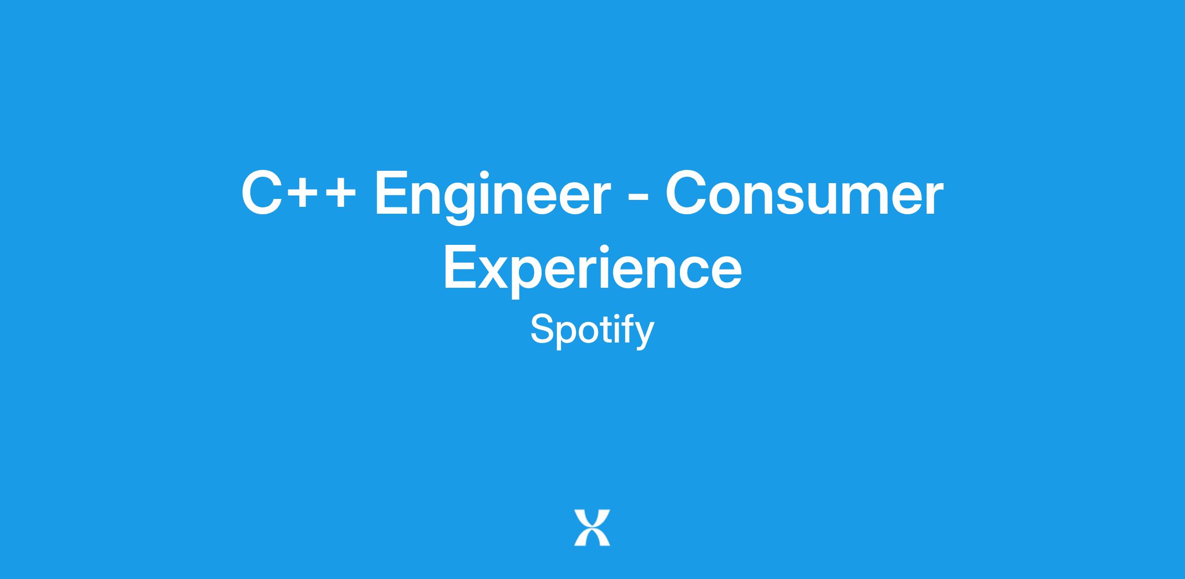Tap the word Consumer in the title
804,193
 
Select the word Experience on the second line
592,270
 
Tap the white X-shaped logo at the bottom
592,528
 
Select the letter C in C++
262,193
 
